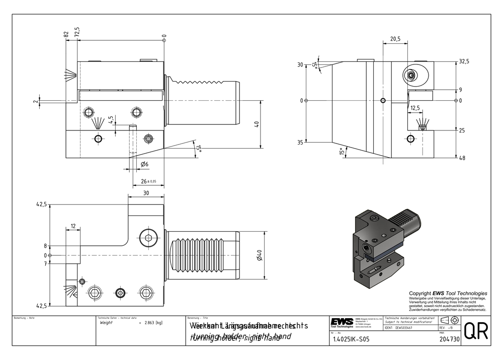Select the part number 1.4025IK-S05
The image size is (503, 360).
[x=351, y=339]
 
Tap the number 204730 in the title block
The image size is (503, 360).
[x=450, y=340]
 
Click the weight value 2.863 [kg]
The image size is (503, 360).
[x=153, y=322]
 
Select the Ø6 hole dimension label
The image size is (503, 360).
[x=144, y=165]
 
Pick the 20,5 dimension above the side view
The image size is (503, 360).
[x=395, y=39]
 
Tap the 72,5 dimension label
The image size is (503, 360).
[x=77, y=32]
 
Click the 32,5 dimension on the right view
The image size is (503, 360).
[x=463, y=61]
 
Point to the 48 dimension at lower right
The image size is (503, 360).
[x=462, y=158]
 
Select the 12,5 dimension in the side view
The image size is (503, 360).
[x=415, y=108]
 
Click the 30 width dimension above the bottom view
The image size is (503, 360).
[x=146, y=192]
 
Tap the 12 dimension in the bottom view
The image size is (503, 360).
[x=73, y=227]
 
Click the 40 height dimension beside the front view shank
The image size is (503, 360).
[x=257, y=124]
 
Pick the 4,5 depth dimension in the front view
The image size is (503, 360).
[x=111, y=120]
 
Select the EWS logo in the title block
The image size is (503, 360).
[x=342, y=322]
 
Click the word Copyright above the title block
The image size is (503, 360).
[x=420, y=293]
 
